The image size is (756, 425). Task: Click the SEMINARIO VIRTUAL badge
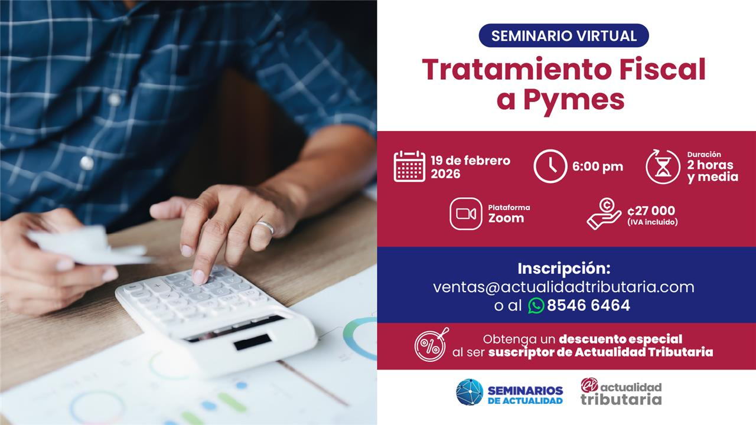[x=563, y=35]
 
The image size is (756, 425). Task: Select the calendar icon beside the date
[x=409, y=166]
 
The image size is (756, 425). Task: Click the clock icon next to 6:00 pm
[x=550, y=166]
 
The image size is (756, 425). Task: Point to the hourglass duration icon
[x=663, y=166]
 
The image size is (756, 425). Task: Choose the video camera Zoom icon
[x=466, y=214]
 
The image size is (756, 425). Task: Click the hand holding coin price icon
[x=604, y=214]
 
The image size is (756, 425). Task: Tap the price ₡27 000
[x=651, y=211]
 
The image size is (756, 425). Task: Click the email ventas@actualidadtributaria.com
[x=563, y=287]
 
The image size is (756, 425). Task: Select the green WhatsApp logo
[x=536, y=306]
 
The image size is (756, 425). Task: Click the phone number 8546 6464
[x=589, y=305]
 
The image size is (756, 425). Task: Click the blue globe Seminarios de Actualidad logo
[x=470, y=392]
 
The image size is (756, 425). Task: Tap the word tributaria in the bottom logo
[x=621, y=400]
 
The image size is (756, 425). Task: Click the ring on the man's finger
[x=266, y=227]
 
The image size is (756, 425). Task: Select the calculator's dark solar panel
[x=252, y=342]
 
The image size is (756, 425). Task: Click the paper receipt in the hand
[x=89, y=245]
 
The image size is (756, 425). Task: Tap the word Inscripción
[x=564, y=269]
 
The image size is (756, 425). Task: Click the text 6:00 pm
[x=598, y=166]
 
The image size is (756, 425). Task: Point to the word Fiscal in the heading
[x=662, y=69]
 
